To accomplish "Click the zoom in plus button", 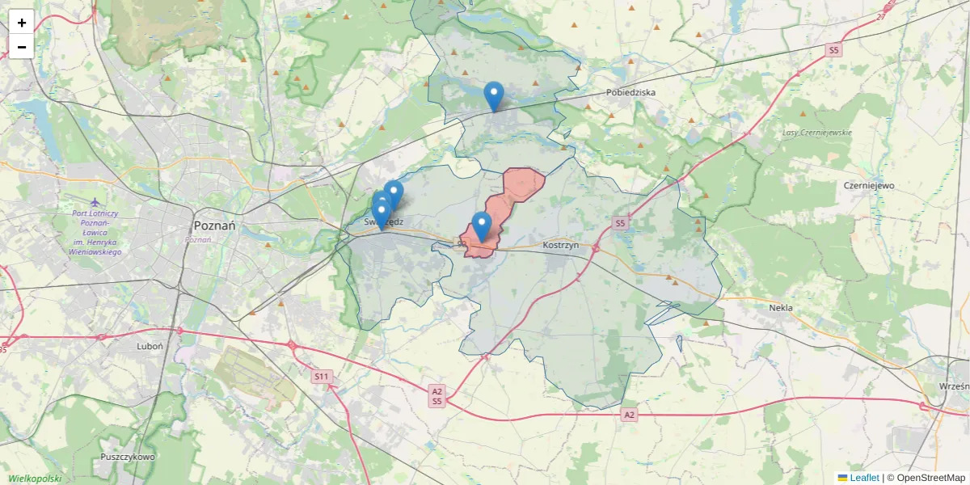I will pyautogui.click(x=22, y=23).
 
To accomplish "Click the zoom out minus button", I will pyautogui.click(x=22, y=47).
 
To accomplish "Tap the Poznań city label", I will pyautogui.click(x=214, y=226).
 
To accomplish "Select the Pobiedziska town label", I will pyautogui.click(x=630, y=92).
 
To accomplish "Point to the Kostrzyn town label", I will pyautogui.click(x=562, y=244).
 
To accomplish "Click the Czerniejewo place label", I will pyautogui.click(x=869, y=185).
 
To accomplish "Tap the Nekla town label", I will pyautogui.click(x=781, y=308).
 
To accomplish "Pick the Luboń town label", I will pyautogui.click(x=150, y=345).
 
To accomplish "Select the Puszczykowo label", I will pyautogui.click(x=128, y=457).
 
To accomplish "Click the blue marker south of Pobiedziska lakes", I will pyautogui.click(x=493, y=96).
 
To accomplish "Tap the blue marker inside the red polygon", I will pyautogui.click(x=482, y=226).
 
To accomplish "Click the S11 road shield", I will pyautogui.click(x=323, y=376).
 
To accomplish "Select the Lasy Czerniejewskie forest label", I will pyautogui.click(x=817, y=133).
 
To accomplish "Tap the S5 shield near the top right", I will pyautogui.click(x=834, y=50).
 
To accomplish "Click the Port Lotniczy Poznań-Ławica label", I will pyautogui.click(x=95, y=233).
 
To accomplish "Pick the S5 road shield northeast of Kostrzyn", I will pyautogui.click(x=620, y=222).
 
